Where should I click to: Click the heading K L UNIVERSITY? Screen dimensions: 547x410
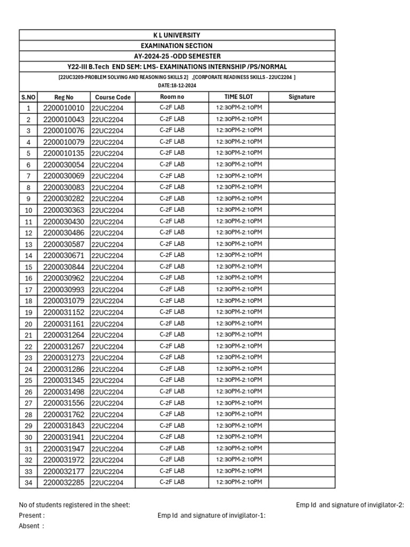177,35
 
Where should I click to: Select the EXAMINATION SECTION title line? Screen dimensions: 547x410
177,46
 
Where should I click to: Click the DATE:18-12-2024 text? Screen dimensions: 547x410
177,85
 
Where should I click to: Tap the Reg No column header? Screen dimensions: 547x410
64,97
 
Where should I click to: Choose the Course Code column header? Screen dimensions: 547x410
113,97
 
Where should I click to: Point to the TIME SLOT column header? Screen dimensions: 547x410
239,97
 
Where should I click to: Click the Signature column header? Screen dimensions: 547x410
302,97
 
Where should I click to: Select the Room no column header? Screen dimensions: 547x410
172,97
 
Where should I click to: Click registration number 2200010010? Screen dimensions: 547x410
64,108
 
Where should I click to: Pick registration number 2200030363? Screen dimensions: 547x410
64,210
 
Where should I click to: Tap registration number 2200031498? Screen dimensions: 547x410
64,392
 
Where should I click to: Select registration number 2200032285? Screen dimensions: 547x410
64,482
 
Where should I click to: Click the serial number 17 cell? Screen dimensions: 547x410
28,290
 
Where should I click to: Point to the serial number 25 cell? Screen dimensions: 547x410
28,380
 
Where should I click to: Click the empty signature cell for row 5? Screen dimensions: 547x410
302,153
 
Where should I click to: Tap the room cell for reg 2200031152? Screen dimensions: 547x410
172,312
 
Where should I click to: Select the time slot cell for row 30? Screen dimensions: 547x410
239,437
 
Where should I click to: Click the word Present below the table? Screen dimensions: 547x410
31,515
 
